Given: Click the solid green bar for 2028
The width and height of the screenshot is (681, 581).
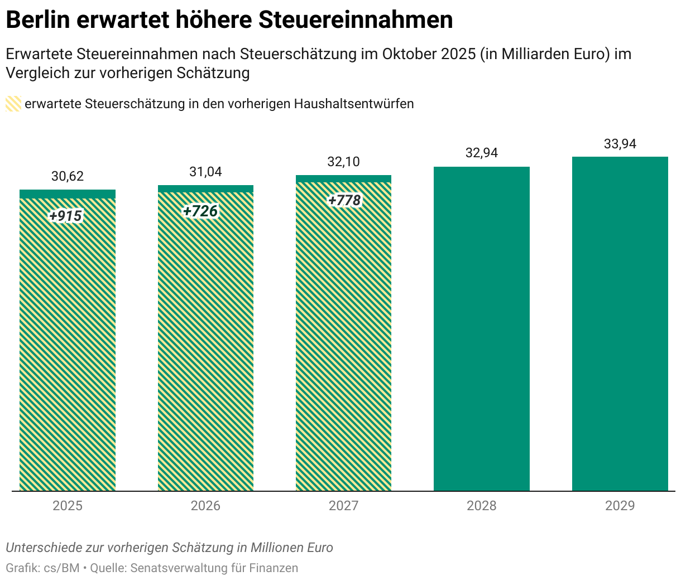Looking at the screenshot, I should point(481,329).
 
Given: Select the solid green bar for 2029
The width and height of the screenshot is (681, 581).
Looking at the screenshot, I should point(620,323).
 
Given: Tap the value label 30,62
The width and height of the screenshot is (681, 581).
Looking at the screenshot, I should point(68,176).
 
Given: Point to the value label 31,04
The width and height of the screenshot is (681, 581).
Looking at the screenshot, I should point(205,172).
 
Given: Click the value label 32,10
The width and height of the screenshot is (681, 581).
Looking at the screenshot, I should point(343,162).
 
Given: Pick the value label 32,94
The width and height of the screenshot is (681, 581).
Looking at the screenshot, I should point(481,153).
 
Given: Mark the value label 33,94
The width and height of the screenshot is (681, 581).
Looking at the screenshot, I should point(620,144).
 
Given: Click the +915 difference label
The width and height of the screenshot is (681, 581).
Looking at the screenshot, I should point(66,216).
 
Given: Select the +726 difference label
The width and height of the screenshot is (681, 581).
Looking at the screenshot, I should point(200,211).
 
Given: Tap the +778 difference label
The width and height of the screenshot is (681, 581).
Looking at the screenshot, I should point(344,200).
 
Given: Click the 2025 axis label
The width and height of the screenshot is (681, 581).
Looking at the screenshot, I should point(68,506).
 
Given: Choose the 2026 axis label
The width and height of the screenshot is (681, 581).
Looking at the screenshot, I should point(205,506).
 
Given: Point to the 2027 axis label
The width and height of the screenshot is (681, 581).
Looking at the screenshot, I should point(343,506).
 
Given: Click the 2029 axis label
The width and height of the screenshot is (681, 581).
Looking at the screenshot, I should point(620,506).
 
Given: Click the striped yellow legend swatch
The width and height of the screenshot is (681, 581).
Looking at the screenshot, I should point(13,104).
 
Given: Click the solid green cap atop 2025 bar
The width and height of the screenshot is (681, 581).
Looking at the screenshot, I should point(68,194).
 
